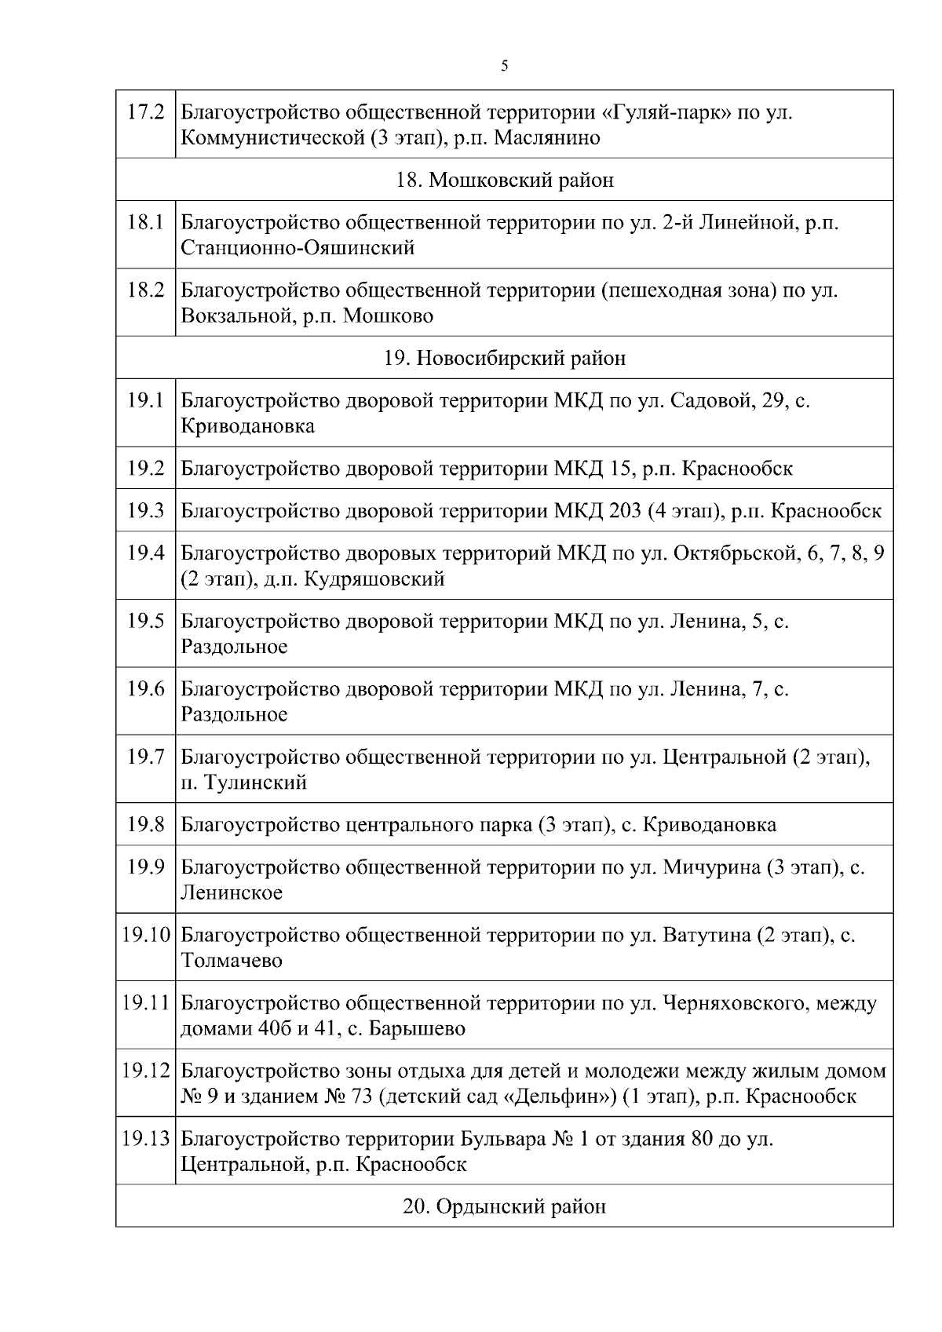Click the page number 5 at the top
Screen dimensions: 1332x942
tap(504, 67)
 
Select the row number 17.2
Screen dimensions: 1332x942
tap(145, 112)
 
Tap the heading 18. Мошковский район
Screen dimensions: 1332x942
tap(504, 181)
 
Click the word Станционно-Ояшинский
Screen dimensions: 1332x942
tap(298, 249)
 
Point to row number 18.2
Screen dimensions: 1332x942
tap(145, 290)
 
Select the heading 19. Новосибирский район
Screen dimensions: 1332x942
tap(504, 359)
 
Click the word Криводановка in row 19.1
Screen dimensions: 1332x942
tap(247, 427)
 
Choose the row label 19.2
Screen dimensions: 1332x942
tap(145, 469)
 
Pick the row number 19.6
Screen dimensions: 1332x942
tap(145, 689)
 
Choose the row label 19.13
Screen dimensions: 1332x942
tap(146, 1139)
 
